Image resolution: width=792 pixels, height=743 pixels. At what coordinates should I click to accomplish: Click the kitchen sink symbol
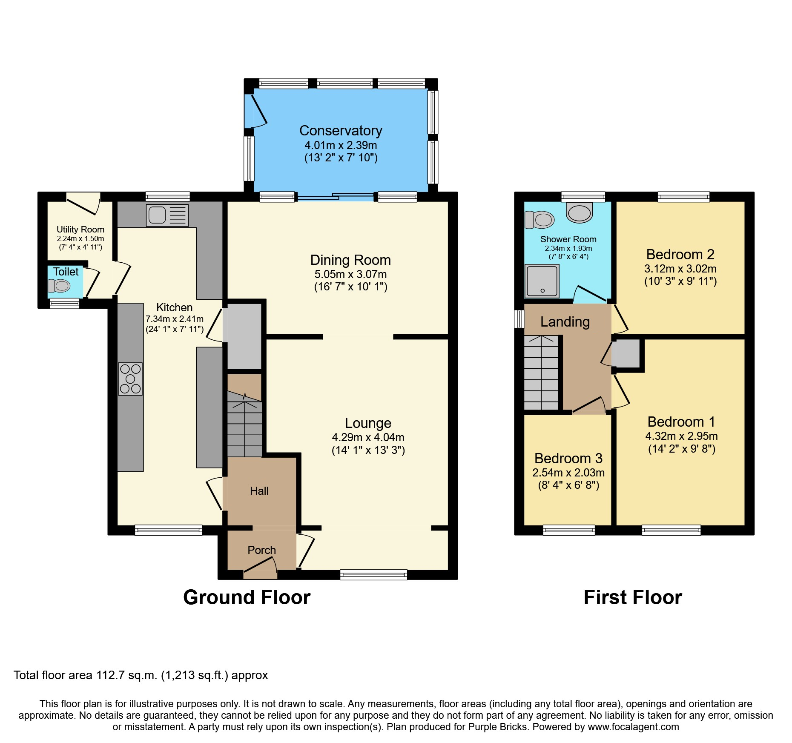pyautogui.click(x=167, y=215)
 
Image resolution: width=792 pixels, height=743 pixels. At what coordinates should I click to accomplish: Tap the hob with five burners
pyautogui.click(x=130, y=379)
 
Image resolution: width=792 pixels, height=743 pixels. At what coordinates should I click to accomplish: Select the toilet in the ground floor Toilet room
pyautogui.click(x=59, y=286)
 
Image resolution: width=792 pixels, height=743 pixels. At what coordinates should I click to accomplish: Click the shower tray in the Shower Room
pyautogui.click(x=542, y=281)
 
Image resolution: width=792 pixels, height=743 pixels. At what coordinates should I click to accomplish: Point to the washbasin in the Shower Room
pyautogui.click(x=579, y=212)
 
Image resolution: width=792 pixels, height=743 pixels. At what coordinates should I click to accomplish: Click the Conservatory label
pyautogui.click(x=341, y=131)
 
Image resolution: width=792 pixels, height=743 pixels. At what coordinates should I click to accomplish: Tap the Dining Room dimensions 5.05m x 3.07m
pyautogui.click(x=350, y=274)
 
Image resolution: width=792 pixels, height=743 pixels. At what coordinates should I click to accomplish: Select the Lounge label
pyautogui.click(x=368, y=423)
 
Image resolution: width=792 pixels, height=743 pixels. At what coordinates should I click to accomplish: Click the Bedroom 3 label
pyautogui.click(x=568, y=458)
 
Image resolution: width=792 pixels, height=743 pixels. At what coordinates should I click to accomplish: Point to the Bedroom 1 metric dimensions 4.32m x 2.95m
pyautogui.click(x=681, y=436)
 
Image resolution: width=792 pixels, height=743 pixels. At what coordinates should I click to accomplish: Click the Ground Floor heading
pyautogui.click(x=247, y=597)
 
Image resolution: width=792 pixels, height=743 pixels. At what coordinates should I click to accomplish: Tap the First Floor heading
pyautogui.click(x=633, y=597)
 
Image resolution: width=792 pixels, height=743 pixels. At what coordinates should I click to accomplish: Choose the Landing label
pyautogui.click(x=565, y=322)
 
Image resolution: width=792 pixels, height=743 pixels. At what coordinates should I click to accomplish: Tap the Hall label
pyautogui.click(x=259, y=491)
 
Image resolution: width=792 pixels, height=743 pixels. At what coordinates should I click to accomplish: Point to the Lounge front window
pyautogui.click(x=373, y=575)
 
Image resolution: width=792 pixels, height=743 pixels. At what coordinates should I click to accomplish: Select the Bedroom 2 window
pyautogui.click(x=683, y=196)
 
